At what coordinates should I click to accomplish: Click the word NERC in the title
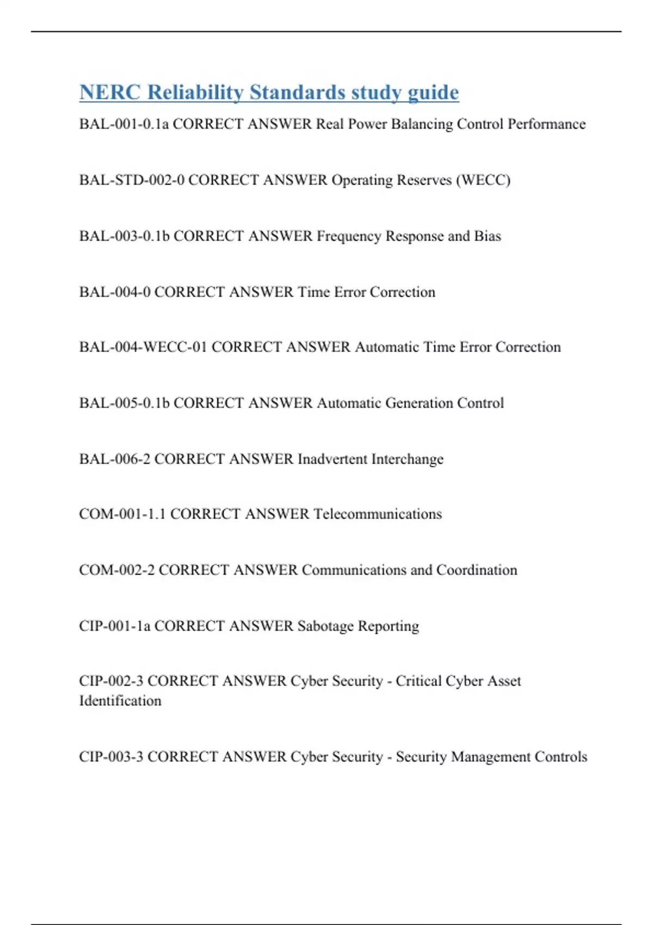109,92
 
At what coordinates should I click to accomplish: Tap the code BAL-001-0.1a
124,124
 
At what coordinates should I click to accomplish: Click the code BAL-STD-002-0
132,180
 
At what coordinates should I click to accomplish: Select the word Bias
488,236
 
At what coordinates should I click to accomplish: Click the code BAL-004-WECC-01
143,347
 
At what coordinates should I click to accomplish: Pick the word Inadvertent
332,459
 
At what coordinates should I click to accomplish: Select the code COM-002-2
116,570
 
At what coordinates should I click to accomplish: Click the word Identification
120,701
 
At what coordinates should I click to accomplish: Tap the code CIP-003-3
111,757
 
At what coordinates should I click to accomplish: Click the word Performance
546,124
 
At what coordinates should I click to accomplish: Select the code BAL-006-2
114,459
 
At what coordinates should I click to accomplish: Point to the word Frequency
349,236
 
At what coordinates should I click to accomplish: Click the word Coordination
477,570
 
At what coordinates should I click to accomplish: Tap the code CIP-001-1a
114,626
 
